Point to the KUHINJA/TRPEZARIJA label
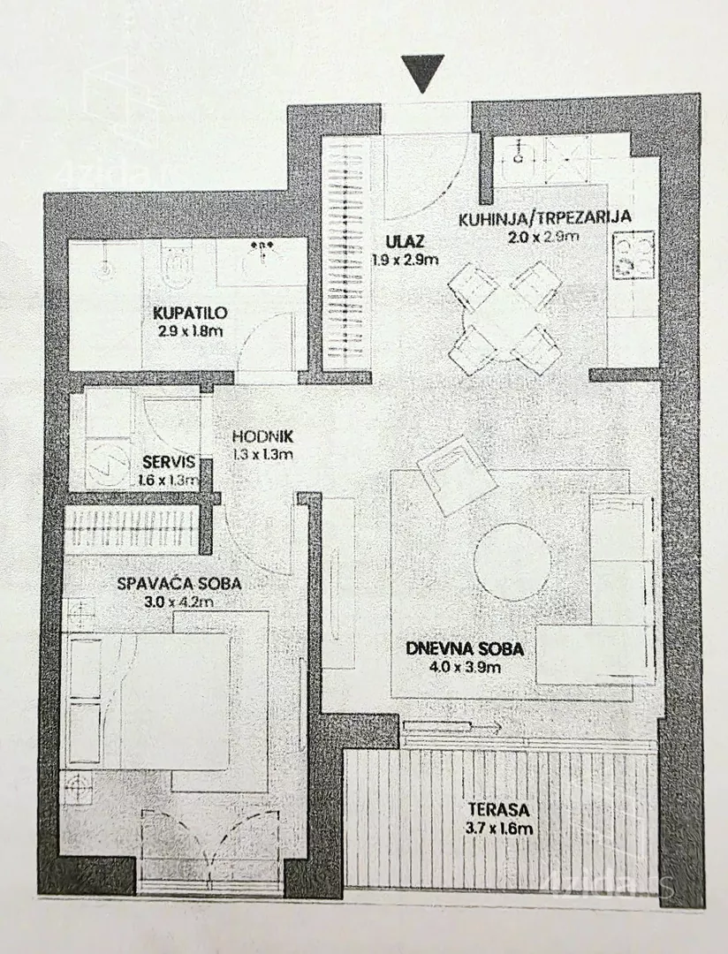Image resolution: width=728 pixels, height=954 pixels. (x=544, y=218)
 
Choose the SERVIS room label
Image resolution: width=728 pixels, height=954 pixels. (x=169, y=462)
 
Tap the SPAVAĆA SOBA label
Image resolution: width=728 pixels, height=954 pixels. (x=179, y=584)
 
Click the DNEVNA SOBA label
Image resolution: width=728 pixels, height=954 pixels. (x=465, y=649)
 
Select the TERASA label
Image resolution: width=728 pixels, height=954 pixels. (x=498, y=810)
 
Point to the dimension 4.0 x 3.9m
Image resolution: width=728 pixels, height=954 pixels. (x=465, y=667)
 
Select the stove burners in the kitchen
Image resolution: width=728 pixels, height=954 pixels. (x=633, y=255)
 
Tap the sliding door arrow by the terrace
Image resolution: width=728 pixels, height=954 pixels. (x=451, y=726)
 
